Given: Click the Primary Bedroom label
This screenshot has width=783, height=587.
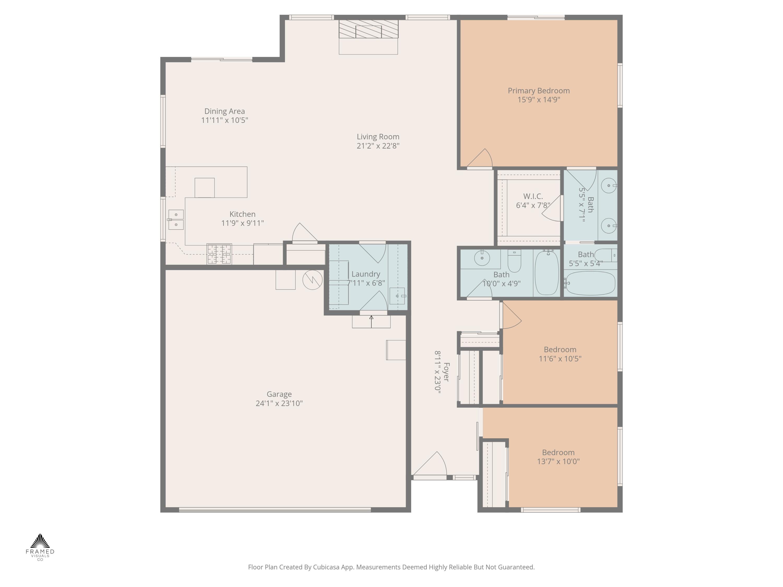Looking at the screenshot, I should click(x=538, y=91).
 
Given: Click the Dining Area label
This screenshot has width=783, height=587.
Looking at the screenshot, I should click(x=224, y=111).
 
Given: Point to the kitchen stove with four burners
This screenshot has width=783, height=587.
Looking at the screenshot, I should click(x=219, y=254).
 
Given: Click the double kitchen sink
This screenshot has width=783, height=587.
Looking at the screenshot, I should click(x=176, y=220).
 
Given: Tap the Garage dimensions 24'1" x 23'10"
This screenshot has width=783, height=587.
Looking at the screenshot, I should click(x=279, y=403).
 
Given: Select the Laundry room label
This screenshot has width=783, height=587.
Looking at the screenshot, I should click(x=366, y=274).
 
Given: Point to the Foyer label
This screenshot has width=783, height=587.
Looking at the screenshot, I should click(x=446, y=372).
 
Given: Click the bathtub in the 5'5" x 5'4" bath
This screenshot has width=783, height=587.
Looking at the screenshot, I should click(x=590, y=283).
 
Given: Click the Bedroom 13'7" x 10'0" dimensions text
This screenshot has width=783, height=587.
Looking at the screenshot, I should click(x=558, y=462).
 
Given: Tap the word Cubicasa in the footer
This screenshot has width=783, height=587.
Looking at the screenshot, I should click(x=326, y=567).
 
